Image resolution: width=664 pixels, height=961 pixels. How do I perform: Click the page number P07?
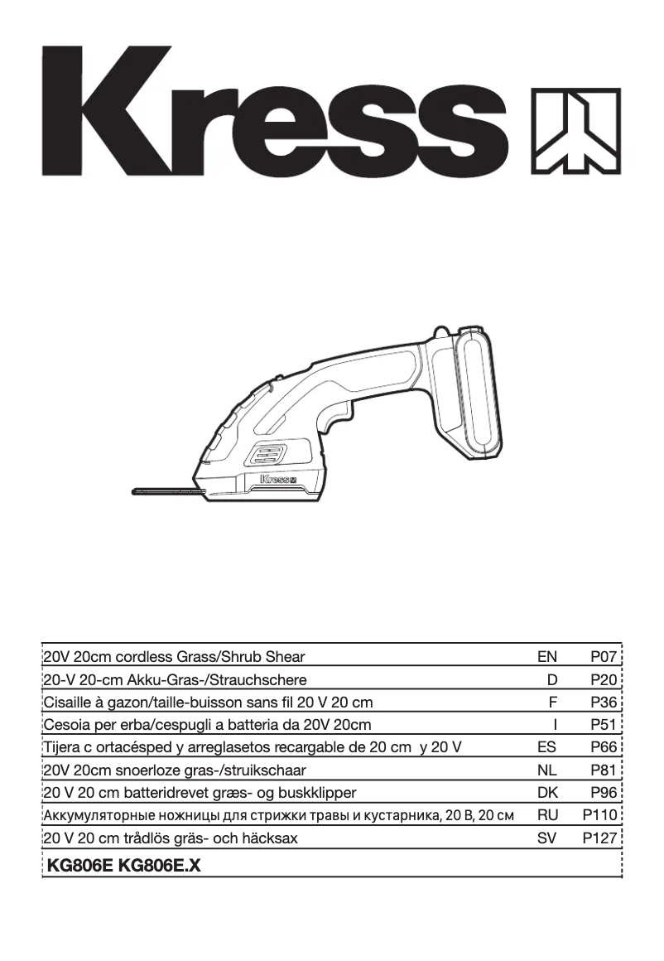tap(604, 657)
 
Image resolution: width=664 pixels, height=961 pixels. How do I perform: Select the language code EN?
tap(546, 657)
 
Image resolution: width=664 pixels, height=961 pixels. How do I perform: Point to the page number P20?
tap(604, 680)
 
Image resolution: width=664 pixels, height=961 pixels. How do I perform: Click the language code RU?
tap(547, 815)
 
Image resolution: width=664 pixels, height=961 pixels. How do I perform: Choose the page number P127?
tap(600, 838)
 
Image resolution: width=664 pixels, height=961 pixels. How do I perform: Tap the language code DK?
tap(547, 793)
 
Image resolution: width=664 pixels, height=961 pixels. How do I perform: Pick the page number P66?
tap(604, 747)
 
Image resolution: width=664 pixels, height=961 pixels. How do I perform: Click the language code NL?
tap(547, 770)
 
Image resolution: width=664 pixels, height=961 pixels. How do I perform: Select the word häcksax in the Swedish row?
tap(271, 838)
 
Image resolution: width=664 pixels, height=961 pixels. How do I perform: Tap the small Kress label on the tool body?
tap(278, 479)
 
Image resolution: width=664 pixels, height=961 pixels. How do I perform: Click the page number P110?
tap(600, 815)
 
